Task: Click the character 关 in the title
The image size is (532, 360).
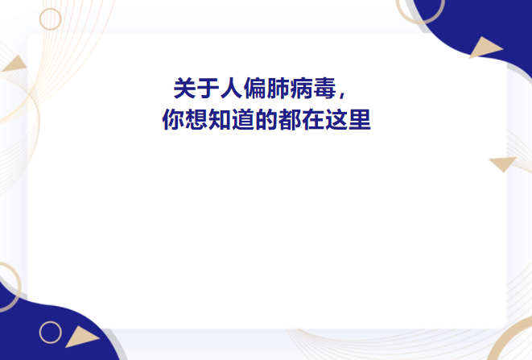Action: [x=185, y=89]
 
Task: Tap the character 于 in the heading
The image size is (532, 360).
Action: [x=208, y=89]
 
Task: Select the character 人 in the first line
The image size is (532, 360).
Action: [x=232, y=89]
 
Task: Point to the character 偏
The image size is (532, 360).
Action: [x=254, y=89]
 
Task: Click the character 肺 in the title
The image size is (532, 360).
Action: [x=278, y=89]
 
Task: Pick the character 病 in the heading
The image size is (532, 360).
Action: [x=301, y=89]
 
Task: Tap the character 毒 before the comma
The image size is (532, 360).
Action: [x=324, y=89]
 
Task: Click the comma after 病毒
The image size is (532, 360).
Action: [x=342, y=94]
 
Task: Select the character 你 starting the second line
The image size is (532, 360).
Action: [x=173, y=119]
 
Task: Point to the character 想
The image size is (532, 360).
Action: [x=196, y=119]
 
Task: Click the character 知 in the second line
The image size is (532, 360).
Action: [x=220, y=119]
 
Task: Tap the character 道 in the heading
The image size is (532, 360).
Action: [x=243, y=119]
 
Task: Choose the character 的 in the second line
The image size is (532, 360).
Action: [x=266, y=119]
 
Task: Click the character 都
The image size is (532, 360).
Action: [x=290, y=119]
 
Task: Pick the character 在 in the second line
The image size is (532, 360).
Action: [x=312, y=119]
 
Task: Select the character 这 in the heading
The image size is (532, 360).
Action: [x=336, y=119]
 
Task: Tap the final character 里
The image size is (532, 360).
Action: [x=359, y=119]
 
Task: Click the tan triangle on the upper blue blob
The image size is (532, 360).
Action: [x=485, y=48]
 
